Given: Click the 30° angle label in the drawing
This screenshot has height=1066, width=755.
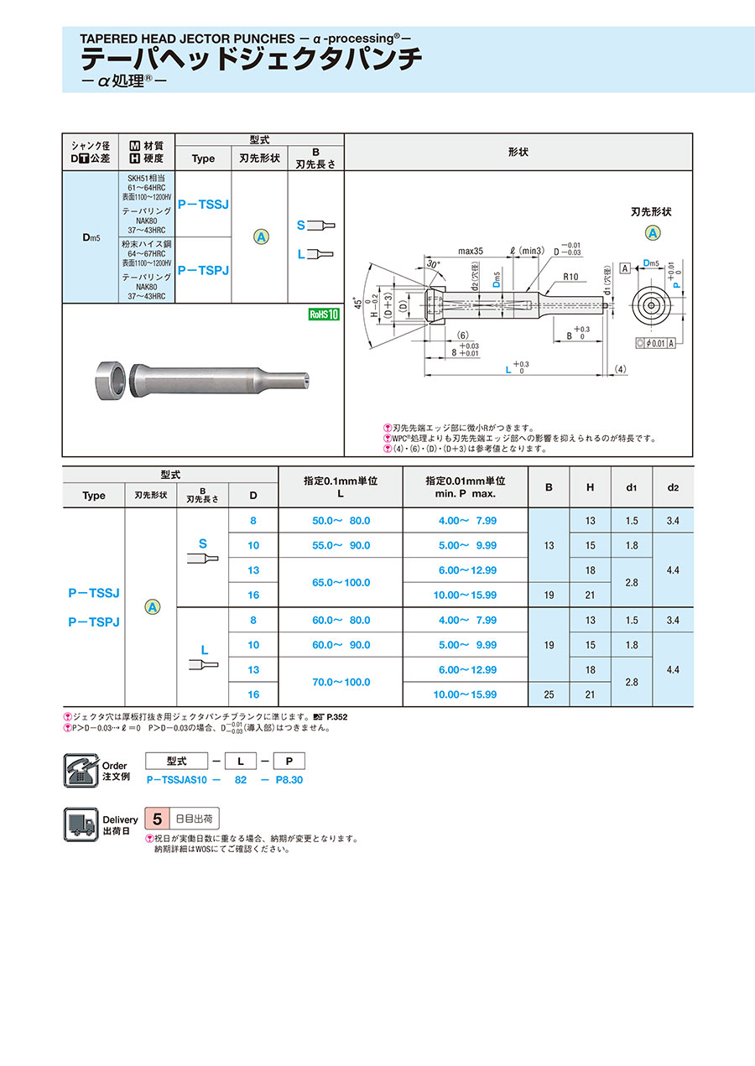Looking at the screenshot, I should [x=433, y=263].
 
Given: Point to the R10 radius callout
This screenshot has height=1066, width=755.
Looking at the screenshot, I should [x=571, y=276].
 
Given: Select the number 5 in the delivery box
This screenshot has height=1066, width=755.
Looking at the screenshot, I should [x=156, y=819].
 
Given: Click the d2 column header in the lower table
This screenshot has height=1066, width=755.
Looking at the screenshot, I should [x=673, y=486].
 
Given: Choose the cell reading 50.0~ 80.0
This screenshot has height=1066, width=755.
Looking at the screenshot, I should [x=340, y=521].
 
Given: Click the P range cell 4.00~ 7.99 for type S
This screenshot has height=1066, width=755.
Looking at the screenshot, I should [x=466, y=521].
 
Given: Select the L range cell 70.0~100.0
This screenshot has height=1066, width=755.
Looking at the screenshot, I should [x=340, y=682].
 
